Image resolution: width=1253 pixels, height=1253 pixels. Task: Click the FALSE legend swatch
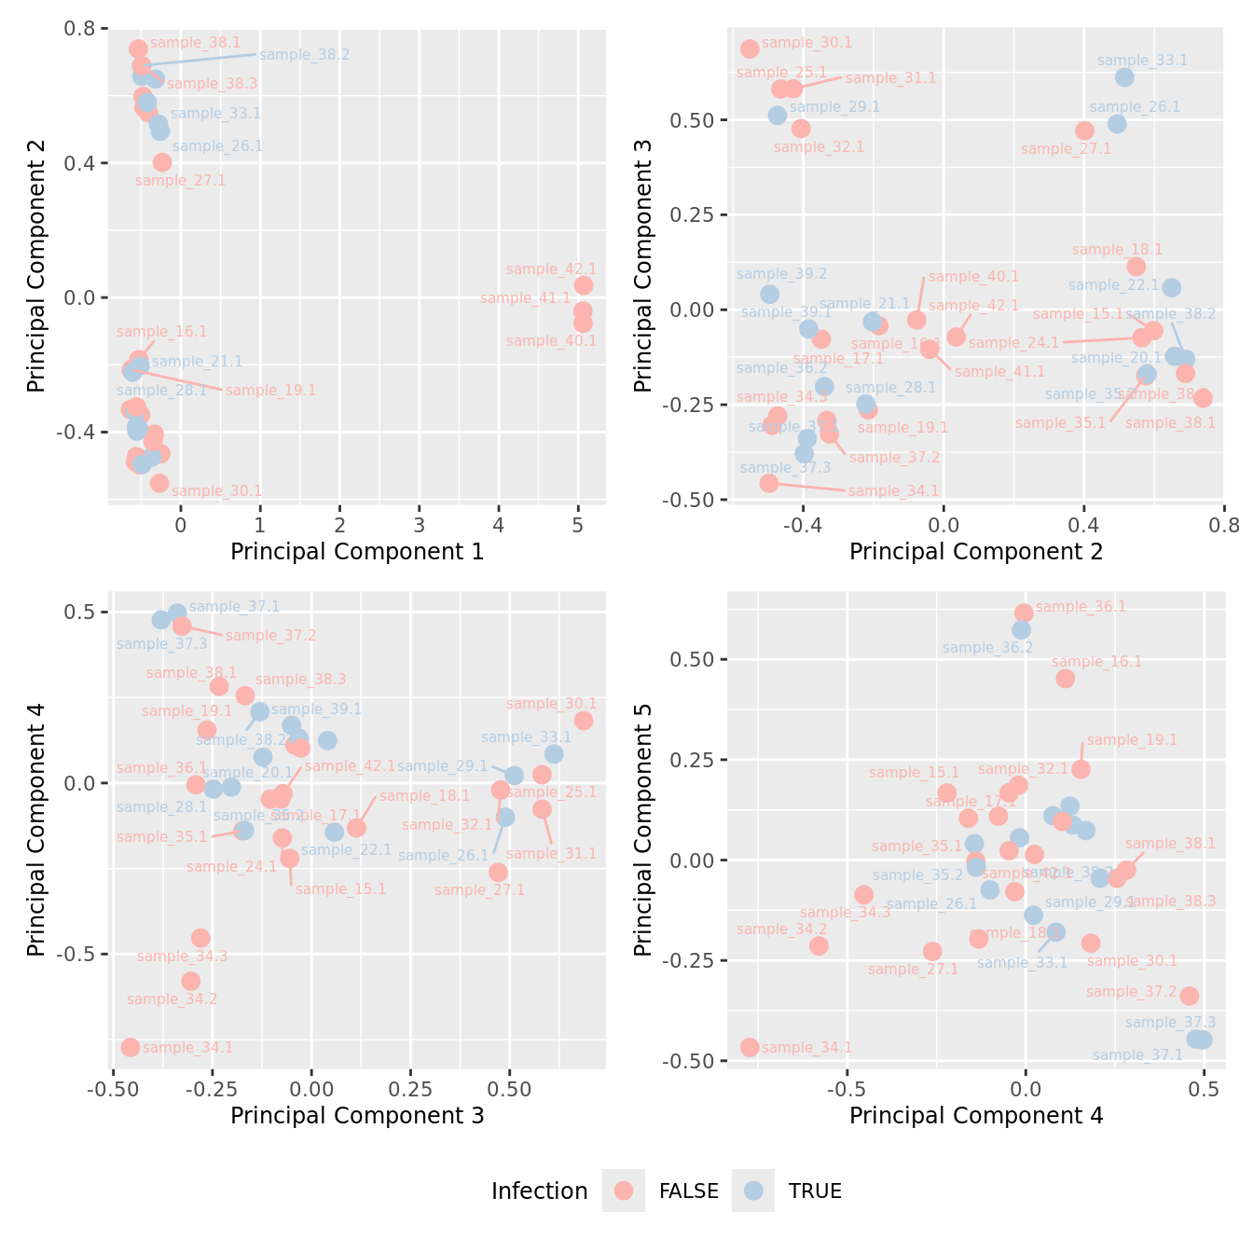[x=624, y=1191]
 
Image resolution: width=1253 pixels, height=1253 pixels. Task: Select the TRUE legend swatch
[x=753, y=1191]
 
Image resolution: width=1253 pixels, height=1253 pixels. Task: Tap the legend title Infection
[x=539, y=1191]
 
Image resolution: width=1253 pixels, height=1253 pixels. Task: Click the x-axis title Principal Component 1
[x=357, y=552]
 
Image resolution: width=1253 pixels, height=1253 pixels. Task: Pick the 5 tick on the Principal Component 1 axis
[x=578, y=524]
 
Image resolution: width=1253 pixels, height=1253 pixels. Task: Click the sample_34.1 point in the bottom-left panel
[x=131, y=1047]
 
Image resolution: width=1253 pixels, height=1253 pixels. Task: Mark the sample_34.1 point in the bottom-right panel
[x=750, y=1047]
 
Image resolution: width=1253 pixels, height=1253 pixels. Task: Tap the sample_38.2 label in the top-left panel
[x=305, y=55]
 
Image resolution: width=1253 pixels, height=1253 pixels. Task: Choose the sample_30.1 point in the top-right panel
[x=750, y=48]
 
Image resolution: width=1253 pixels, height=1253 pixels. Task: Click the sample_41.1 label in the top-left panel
[x=525, y=298]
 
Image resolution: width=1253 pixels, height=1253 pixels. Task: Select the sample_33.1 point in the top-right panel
[x=1124, y=77]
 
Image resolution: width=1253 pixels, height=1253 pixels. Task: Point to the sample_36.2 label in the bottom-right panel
[x=987, y=647]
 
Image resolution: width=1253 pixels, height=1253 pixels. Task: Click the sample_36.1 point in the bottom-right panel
[x=1024, y=613]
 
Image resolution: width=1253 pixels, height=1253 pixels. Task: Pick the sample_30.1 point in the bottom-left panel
[x=584, y=721]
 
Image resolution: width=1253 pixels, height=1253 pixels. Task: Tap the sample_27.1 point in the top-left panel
[x=162, y=162]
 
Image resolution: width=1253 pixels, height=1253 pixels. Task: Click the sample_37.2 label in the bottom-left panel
[x=270, y=636]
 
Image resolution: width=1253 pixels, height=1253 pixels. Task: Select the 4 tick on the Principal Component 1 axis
[x=499, y=524]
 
